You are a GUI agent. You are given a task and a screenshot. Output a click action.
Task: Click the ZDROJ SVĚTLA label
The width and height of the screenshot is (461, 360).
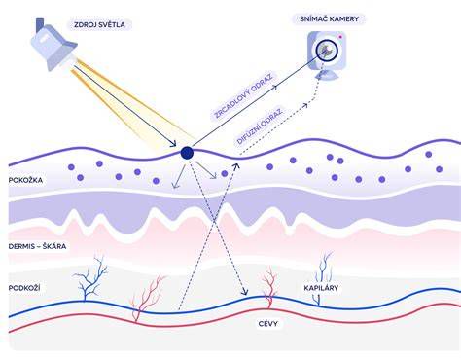(99, 25)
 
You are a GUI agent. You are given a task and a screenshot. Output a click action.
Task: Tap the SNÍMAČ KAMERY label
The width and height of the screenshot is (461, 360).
(329, 19)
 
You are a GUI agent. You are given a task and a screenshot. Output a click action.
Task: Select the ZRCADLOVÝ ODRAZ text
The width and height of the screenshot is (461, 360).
(243, 96)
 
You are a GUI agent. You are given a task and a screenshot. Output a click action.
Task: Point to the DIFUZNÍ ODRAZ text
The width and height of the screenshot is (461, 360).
(260, 126)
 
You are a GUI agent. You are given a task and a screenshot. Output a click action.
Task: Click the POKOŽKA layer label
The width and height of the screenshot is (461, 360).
(25, 180)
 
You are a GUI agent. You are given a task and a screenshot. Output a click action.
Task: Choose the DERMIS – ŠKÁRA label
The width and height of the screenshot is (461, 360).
(37, 246)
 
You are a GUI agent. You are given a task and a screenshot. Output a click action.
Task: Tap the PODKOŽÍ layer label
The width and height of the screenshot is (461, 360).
(24, 288)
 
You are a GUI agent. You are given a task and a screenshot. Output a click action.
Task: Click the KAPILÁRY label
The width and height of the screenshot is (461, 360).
(321, 288)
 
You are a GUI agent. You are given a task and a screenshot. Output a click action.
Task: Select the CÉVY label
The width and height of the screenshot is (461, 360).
(268, 324)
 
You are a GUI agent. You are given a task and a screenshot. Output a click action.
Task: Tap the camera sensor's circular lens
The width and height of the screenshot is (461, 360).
(327, 51)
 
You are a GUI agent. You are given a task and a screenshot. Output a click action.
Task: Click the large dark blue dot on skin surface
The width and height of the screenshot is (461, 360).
(187, 153)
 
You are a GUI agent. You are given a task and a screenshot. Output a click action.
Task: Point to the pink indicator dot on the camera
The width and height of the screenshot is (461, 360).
(340, 37)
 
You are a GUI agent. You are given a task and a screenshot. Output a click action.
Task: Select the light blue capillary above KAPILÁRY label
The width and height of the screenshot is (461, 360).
(324, 267)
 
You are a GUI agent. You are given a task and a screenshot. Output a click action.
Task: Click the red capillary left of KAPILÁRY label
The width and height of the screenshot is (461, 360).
(269, 286)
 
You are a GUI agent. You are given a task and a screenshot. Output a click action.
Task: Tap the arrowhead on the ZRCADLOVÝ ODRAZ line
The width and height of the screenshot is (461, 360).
(275, 87)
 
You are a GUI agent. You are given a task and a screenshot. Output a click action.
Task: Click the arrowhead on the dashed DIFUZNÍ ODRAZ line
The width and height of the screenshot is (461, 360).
(305, 105)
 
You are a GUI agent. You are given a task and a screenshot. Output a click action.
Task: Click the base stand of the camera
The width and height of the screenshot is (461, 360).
(327, 76)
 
